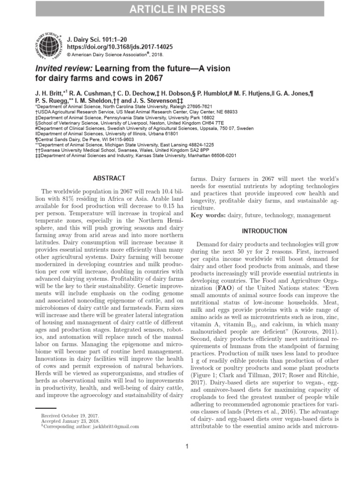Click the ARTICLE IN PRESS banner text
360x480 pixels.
point(180,9)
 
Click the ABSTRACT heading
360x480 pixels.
point(109,178)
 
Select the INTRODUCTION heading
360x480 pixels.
point(264,231)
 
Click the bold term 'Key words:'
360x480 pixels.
point(207,215)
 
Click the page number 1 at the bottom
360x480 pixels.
point(187,446)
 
